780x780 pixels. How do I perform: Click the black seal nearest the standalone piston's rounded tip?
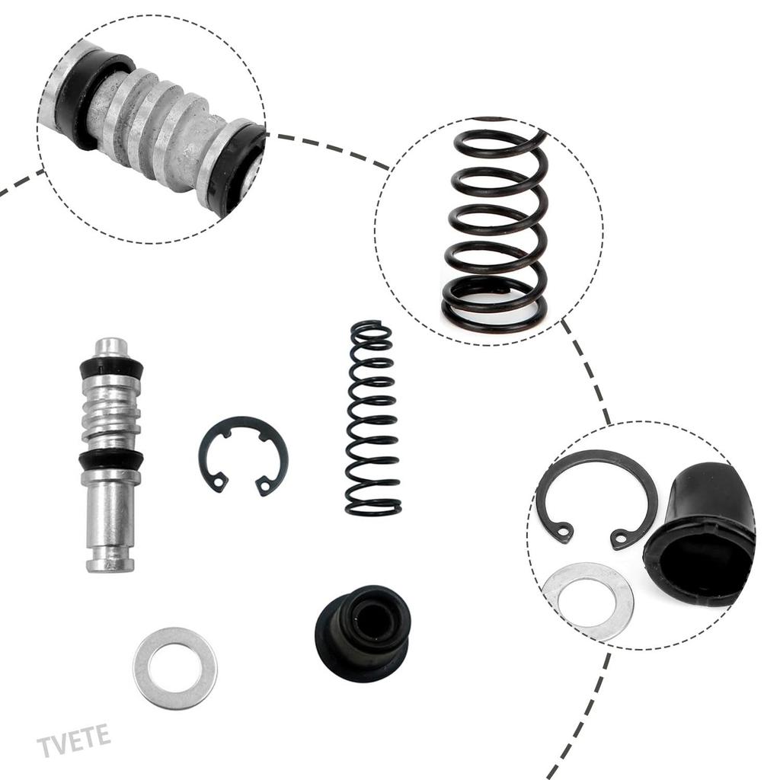[111, 368]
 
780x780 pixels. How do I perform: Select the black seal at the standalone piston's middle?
[111, 459]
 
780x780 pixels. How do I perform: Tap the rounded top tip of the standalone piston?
[111, 345]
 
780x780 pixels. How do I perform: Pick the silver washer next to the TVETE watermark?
[175, 668]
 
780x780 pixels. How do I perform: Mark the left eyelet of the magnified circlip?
[564, 531]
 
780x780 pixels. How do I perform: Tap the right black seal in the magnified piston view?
[236, 168]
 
